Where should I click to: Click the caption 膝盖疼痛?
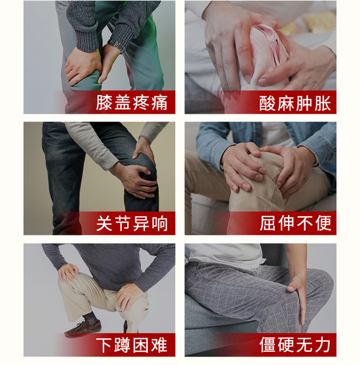tap(132, 102)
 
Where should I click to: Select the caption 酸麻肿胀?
tap(295, 103)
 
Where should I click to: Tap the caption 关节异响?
tap(132, 224)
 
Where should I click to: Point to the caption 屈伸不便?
tap(295, 223)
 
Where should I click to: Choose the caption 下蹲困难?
tap(132, 345)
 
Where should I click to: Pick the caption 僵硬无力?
tap(295, 344)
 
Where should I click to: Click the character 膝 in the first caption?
tap(104, 102)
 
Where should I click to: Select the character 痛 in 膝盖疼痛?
tap(159, 102)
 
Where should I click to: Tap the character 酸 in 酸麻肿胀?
tap(267, 103)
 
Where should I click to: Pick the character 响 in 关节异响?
tap(159, 224)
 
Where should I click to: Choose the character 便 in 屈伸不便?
tap(323, 223)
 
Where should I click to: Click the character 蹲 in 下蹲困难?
tap(123, 345)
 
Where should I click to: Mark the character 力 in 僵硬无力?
tap(323, 344)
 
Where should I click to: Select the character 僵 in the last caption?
tap(267, 344)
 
